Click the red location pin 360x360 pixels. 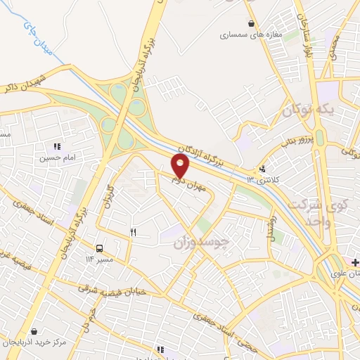tap(181, 167)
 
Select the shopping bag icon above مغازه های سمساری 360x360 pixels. tap(250, 23)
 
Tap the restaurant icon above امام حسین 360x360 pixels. tap(57, 147)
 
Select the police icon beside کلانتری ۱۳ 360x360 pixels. tap(262, 169)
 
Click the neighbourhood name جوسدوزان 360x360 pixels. tap(202, 243)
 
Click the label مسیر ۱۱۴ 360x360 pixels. tap(99, 259)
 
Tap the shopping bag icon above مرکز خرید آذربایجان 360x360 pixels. tap(33, 331)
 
